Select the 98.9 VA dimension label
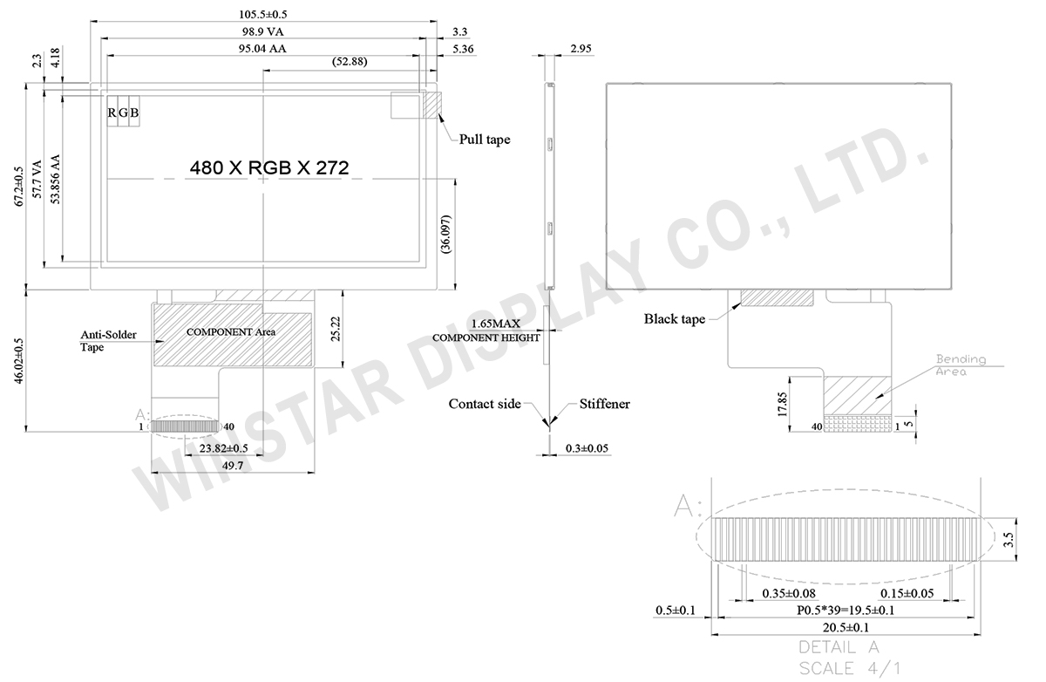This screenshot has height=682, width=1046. [261, 32]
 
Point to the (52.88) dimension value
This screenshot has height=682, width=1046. [349, 62]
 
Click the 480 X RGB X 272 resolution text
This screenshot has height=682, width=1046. [269, 168]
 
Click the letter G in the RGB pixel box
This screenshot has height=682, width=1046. [123, 113]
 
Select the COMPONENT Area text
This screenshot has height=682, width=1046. [231, 332]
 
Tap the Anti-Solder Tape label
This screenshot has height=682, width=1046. [104, 340]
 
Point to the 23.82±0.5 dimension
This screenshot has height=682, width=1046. [224, 448]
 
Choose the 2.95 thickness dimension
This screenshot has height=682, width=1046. [581, 50]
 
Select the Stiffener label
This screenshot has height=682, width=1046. [604, 404]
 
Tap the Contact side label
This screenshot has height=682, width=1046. [485, 404]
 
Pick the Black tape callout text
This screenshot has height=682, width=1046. [675, 319]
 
